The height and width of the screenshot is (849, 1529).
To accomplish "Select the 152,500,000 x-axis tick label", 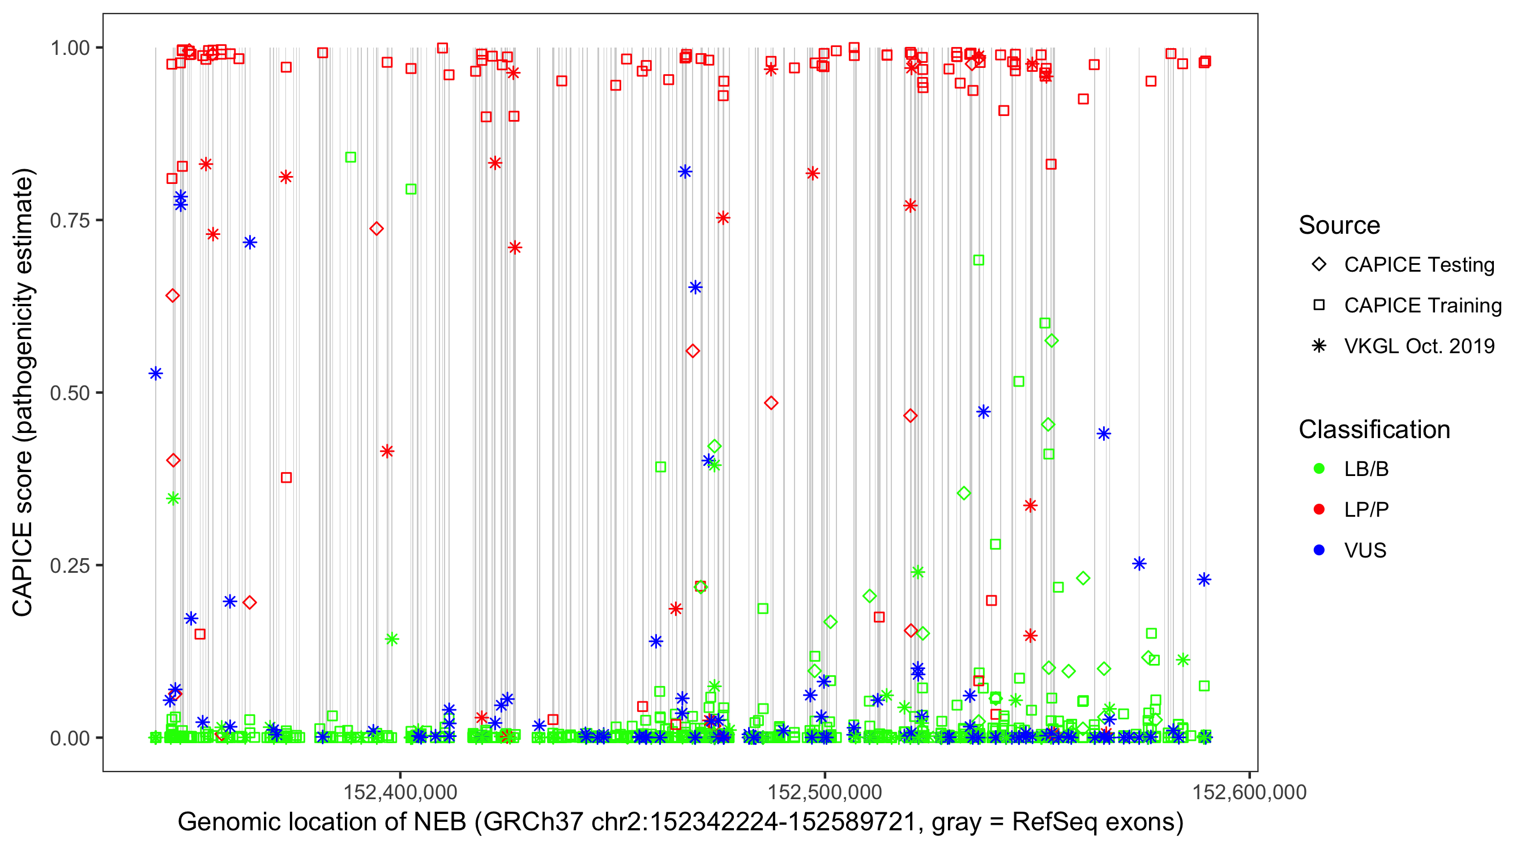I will click(x=825, y=792).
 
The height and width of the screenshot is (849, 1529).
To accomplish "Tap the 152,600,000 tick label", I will click(x=1249, y=792).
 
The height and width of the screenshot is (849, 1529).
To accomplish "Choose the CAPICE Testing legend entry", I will click(x=1419, y=265).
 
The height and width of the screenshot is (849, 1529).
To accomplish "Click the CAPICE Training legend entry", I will click(x=1422, y=306).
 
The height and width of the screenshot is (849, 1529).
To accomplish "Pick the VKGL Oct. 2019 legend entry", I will click(x=1419, y=346).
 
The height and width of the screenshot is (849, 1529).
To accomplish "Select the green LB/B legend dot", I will click(x=1319, y=469).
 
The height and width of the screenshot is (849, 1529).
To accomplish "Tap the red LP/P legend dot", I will click(x=1319, y=509).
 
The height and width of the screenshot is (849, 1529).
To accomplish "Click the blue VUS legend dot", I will click(x=1319, y=551).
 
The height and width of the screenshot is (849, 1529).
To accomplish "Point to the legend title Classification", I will click(x=1374, y=430).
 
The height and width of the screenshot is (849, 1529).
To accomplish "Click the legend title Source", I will click(x=1339, y=225).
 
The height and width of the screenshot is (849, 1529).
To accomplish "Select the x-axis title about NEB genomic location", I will click(x=680, y=822).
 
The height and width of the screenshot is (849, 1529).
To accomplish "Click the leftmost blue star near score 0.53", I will click(x=156, y=373).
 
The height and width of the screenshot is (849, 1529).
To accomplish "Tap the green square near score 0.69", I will click(x=979, y=260).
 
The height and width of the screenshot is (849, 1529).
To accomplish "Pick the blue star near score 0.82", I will click(x=685, y=171).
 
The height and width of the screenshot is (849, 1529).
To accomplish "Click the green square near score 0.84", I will click(x=351, y=157).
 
